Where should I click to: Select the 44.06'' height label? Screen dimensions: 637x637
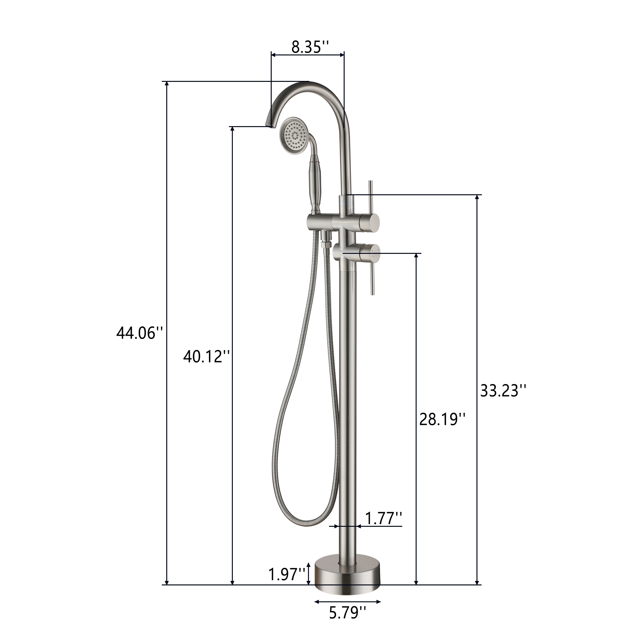(x=140, y=333)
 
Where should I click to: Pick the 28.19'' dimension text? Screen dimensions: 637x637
(x=442, y=419)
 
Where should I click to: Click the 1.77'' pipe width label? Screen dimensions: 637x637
(x=383, y=519)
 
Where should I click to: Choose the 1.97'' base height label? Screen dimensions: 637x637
(x=287, y=574)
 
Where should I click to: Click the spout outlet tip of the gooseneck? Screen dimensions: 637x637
(x=269, y=125)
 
